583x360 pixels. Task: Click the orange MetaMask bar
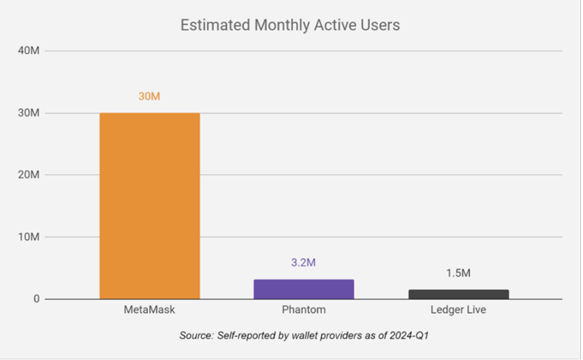150,206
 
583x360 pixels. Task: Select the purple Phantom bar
304,289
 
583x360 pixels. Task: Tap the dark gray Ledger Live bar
458,294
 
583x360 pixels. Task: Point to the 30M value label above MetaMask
150,97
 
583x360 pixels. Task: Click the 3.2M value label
304,263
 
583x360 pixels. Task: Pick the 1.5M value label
458,273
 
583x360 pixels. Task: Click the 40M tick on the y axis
28,51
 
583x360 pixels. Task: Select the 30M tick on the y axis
28,113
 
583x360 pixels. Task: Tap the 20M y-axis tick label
28,175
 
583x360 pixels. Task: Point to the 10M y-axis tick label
28,237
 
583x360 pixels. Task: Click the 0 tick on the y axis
36,299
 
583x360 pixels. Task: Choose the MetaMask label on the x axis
150,310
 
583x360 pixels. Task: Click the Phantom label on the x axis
304,310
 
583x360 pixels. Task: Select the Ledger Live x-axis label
458,310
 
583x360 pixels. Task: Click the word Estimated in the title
210,26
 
